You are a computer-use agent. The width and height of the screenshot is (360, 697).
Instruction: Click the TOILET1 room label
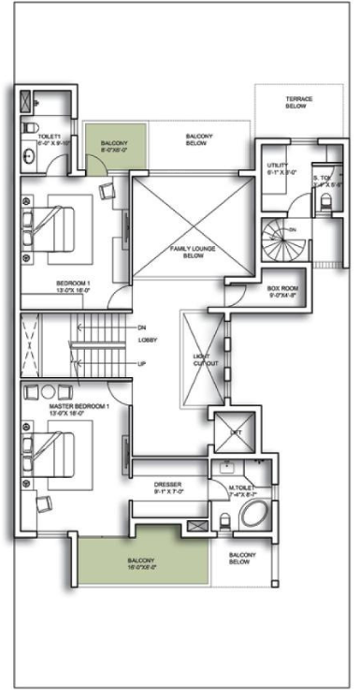coord(49,140)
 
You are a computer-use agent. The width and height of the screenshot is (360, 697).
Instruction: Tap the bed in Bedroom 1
coord(54,225)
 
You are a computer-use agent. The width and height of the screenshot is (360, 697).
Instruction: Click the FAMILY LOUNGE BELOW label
coord(193,251)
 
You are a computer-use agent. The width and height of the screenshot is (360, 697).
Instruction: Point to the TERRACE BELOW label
coord(298,102)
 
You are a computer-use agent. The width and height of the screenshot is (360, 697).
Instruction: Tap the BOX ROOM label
coord(281,292)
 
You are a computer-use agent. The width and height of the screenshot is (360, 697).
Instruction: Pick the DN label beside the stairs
coord(141,327)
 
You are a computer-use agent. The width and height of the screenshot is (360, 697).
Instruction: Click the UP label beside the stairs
coord(141,363)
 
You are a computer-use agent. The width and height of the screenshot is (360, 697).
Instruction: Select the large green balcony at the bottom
coord(142,563)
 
